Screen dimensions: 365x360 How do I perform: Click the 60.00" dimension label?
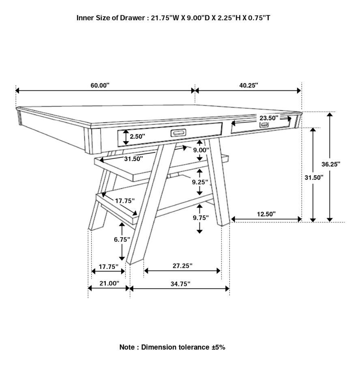coord(100,86)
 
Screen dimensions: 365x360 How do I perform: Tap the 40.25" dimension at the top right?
coord(249,86)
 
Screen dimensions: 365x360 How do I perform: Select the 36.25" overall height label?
coord(331,164)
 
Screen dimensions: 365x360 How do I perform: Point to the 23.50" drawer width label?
coord(269,118)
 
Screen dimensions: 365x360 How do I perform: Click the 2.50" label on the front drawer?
coord(137,137)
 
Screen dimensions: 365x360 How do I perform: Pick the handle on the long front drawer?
coord(178,133)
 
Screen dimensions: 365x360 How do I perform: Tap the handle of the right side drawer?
coord(264,125)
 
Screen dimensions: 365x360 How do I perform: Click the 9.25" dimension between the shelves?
coord(200,182)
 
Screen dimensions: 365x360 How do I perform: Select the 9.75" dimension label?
coord(201,218)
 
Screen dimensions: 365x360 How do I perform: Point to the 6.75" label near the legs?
coord(122,240)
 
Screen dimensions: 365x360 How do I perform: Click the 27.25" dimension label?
coord(182,266)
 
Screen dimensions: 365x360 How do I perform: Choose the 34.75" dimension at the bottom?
coord(180,284)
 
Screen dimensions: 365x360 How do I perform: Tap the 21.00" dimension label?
coord(109,283)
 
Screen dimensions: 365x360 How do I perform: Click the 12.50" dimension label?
coord(266,214)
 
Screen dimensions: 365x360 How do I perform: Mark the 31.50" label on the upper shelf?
coord(133,159)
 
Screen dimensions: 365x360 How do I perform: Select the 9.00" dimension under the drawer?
coord(201,150)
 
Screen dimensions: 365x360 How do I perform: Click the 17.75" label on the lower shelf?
coord(124,201)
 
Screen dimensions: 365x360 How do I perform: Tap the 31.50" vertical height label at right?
coord(314,177)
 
